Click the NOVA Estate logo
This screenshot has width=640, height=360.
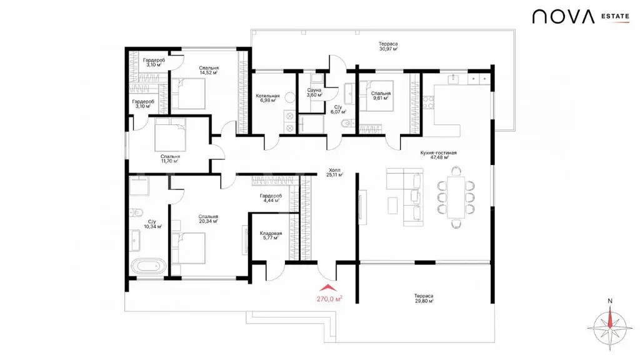pos(581,17)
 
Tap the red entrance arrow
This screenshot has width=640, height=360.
pos(329,288)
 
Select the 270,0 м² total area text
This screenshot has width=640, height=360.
pos(329,299)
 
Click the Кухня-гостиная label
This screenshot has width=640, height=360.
pos(438,152)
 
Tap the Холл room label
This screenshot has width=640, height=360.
pos(334,170)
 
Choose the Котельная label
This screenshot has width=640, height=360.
pos(267,96)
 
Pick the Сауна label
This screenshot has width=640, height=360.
pos(314,90)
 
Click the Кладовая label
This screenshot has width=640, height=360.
pos(271,234)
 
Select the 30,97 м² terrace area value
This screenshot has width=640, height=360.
pos(388,49)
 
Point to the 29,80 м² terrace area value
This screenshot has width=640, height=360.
pos(424,301)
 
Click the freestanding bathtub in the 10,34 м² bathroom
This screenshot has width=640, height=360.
pos(149,266)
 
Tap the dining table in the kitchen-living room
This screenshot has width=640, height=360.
pos(456,197)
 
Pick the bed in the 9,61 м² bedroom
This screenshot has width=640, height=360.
pos(376,96)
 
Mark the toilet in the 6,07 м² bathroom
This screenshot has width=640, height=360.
pos(347,123)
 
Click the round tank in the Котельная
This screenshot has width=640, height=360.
pos(290,97)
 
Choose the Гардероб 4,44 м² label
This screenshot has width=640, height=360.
pos(271,198)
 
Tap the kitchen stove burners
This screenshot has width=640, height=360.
pos(427,102)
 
